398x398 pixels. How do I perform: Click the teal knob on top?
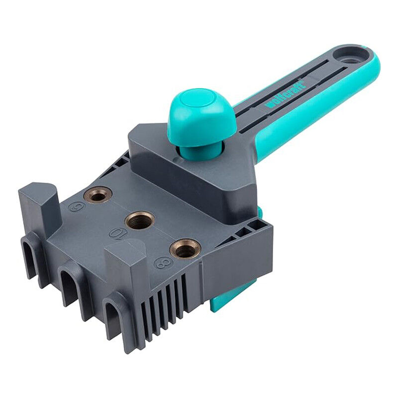click(x=201, y=116)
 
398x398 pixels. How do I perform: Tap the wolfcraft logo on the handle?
click(x=285, y=94)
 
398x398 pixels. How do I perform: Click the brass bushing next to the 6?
click(x=98, y=195)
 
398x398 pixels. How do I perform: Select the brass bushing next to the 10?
click(x=139, y=220)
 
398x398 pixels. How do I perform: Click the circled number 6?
click(x=77, y=206)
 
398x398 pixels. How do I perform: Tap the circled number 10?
click(x=117, y=234)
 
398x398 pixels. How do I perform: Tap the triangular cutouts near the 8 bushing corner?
click(x=244, y=229)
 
